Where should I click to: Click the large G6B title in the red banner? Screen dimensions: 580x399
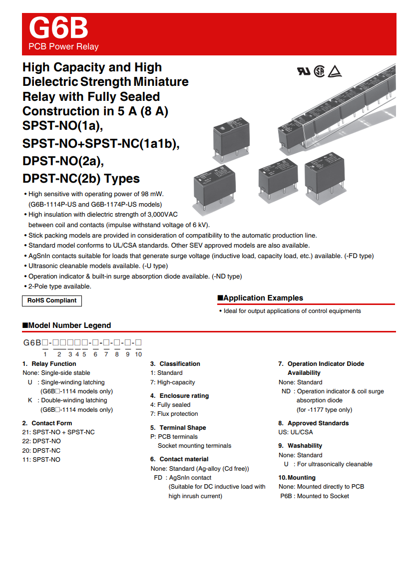point(58,28)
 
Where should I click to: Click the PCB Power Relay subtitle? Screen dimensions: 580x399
point(63,47)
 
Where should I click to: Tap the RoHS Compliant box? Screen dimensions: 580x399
point(52,300)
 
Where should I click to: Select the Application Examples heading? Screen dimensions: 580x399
point(263,298)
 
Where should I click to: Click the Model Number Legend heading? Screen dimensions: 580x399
point(69,325)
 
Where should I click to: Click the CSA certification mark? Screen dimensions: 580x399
point(319,71)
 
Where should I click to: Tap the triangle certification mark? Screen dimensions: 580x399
point(334,71)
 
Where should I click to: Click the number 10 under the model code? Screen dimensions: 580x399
point(138,354)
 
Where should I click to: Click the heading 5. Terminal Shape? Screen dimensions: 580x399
point(178,428)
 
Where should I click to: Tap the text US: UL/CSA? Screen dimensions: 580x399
point(296,432)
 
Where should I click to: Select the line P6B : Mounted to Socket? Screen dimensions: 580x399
point(315,496)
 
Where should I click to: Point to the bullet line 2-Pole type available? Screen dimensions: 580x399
point(59,287)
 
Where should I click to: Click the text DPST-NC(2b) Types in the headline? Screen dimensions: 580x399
point(81,179)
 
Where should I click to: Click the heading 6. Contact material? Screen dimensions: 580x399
point(179,459)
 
